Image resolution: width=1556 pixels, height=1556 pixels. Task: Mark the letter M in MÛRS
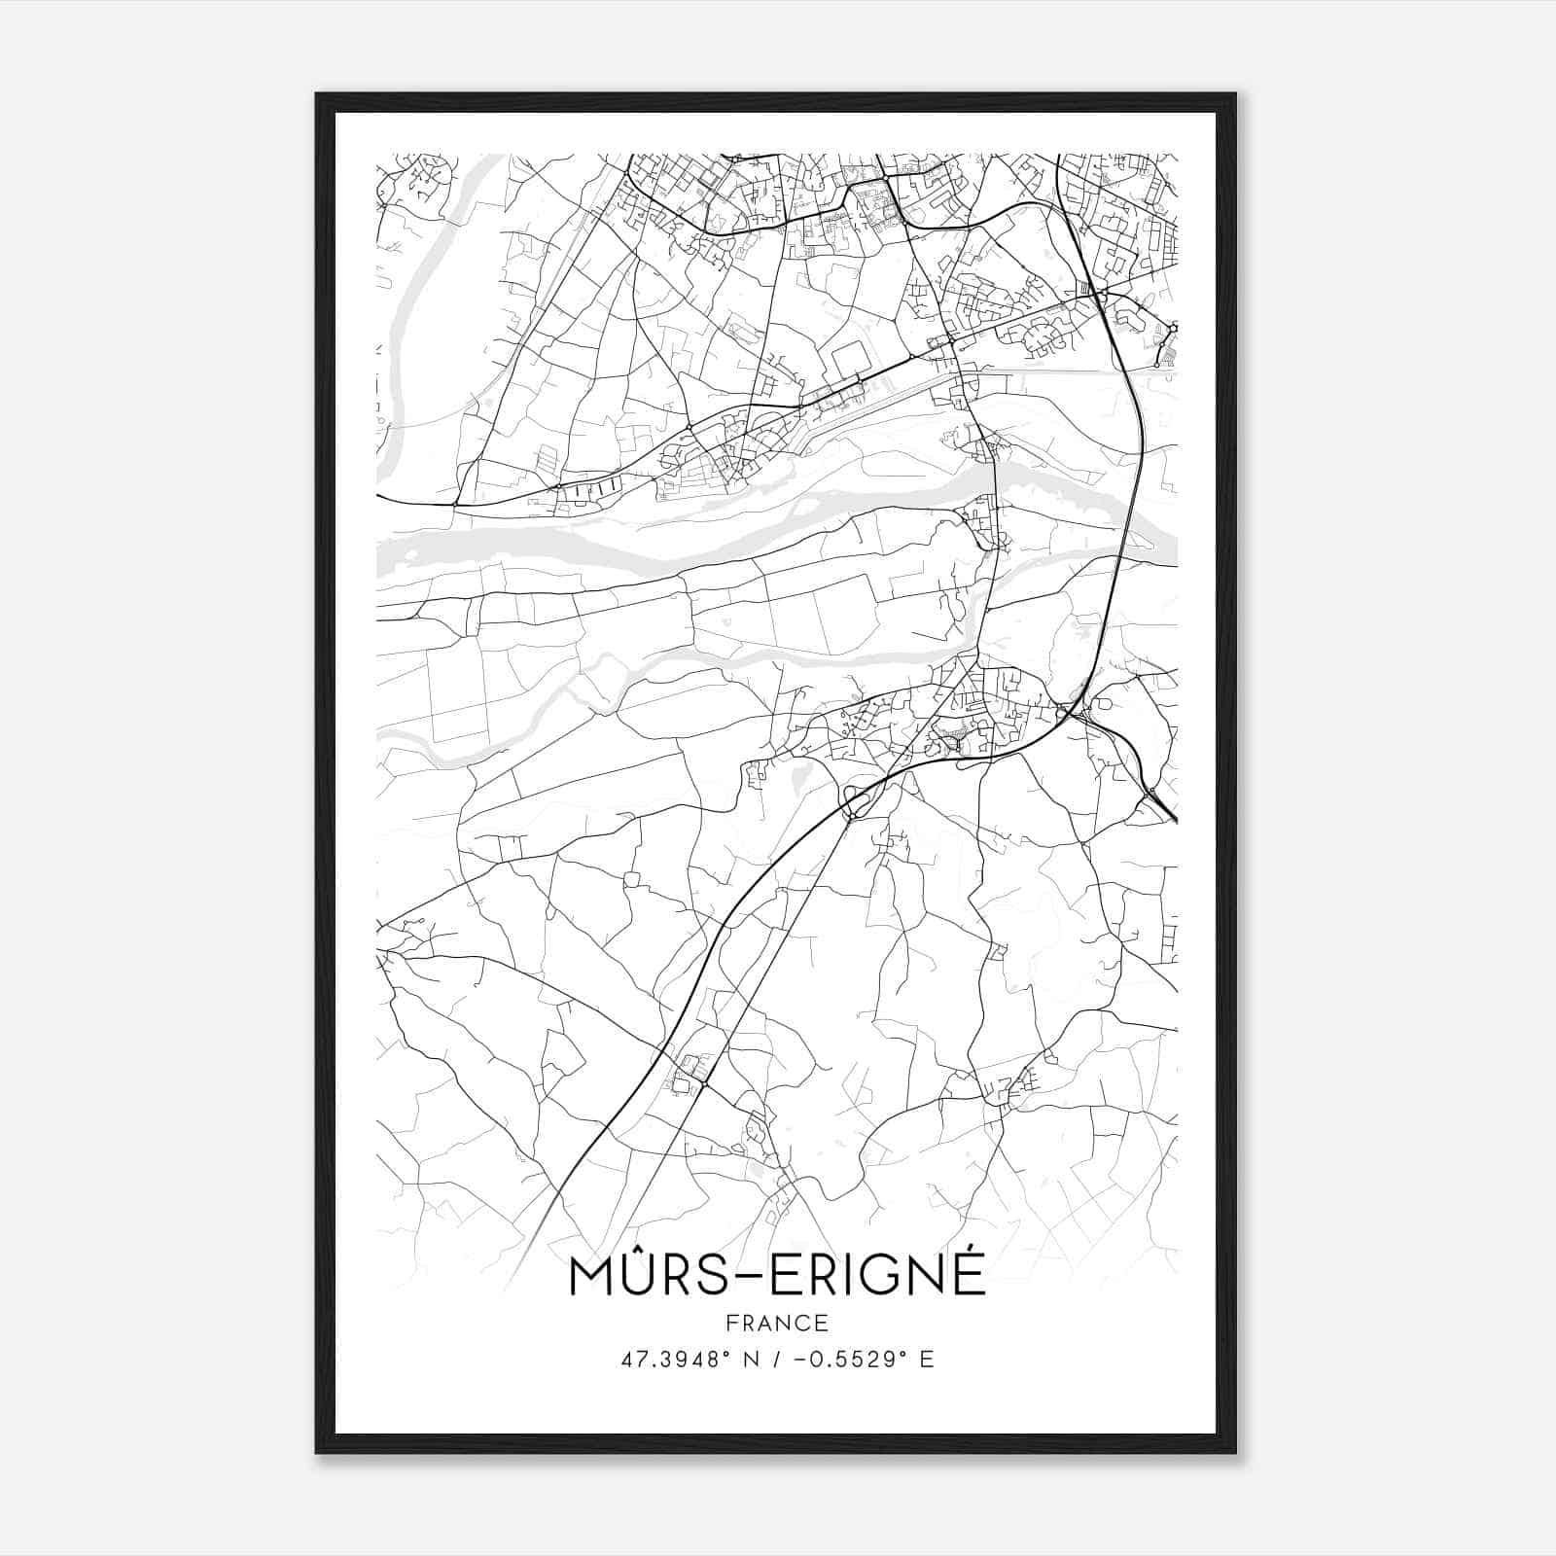tap(592, 1276)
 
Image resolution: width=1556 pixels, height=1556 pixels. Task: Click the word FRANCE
tap(776, 1323)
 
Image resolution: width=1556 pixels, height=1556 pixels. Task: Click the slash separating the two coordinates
tap(776, 1360)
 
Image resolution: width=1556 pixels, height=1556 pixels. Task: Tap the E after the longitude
tap(926, 1360)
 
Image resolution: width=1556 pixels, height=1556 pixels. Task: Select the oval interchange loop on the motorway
tap(855, 803)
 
